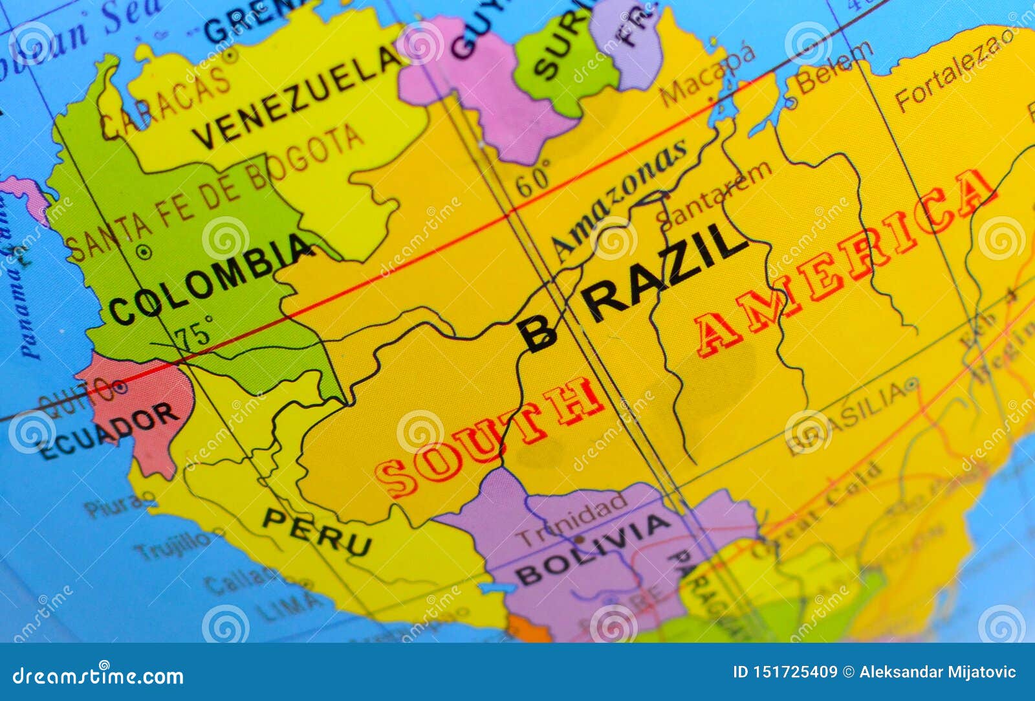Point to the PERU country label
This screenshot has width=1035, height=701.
(x=316, y=531)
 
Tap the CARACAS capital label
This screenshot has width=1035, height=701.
(x=166, y=107)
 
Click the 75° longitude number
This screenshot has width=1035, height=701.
(x=194, y=333)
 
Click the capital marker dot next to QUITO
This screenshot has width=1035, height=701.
(x=120, y=388)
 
